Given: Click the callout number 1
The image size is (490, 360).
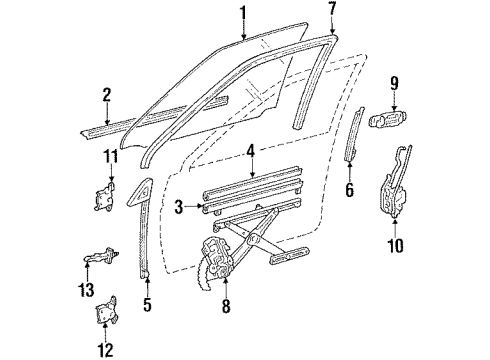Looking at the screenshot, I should [x=240, y=13].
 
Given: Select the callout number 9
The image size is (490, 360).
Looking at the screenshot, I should [x=394, y=83].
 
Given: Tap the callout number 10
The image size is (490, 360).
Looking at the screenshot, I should [x=395, y=245].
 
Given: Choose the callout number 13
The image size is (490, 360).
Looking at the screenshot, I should [x=83, y=291].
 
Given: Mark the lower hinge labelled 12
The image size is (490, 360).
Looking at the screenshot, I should [x=106, y=312].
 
